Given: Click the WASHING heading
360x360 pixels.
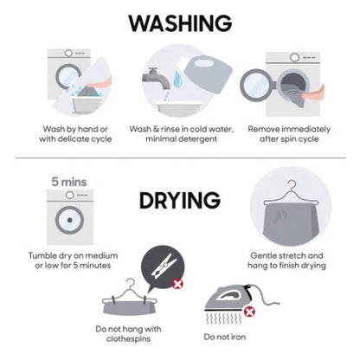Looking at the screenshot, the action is click(180, 23).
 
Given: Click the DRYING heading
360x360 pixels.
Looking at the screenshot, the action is click(180, 200).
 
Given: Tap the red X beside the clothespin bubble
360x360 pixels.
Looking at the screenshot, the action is click(177, 284).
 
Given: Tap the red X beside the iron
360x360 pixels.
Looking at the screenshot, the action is click(249, 312).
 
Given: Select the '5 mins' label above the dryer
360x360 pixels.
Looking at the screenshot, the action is click(69, 182).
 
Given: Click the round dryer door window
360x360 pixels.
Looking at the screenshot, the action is click(69, 220).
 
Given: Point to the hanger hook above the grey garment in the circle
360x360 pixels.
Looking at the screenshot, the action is click(292, 185).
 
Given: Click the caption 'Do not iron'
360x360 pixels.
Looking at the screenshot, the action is click(225, 337).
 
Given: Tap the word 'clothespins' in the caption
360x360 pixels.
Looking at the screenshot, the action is click(128, 338).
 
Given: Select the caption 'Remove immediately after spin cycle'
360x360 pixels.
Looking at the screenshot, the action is click(289, 134).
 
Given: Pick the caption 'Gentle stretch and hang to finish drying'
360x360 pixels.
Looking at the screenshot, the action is click(286, 260).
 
